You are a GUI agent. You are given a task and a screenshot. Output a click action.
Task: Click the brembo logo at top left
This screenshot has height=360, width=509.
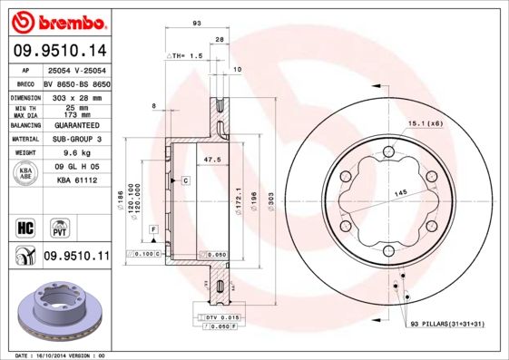(56, 20)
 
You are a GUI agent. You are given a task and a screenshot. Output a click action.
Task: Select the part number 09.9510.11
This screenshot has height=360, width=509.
(75, 258)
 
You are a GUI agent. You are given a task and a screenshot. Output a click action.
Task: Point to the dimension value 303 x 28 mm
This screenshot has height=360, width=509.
(75, 96)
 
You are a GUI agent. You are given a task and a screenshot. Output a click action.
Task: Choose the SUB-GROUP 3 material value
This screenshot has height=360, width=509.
(75, 139)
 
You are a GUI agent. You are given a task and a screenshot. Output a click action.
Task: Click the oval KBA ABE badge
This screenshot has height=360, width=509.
(26, 173)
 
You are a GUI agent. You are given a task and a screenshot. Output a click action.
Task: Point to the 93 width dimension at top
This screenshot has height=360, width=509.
(196, 23)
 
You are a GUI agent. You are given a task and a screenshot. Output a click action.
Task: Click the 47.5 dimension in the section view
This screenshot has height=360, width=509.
(213, 160)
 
